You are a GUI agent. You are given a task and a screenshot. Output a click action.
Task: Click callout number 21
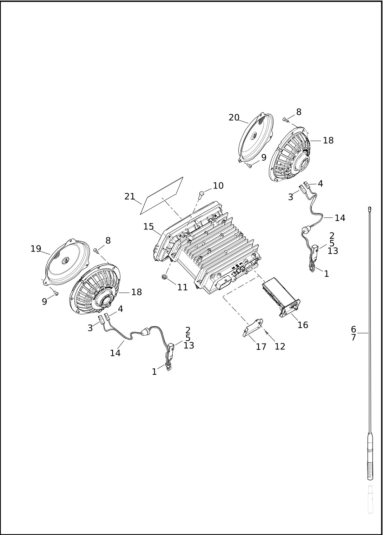click(x=130, y=196)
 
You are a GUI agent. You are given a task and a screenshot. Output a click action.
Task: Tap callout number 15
click(x=148, y=226)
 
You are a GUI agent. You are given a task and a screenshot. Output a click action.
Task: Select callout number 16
click(x=303, y=325)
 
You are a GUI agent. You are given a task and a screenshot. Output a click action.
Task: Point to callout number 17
click(x=261, y=347)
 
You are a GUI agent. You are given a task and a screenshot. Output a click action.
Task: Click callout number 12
click(x=280, y=346)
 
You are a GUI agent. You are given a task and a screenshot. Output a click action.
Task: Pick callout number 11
click(x=183, y=287)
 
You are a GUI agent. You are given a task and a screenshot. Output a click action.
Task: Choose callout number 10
click(x=218, y=186)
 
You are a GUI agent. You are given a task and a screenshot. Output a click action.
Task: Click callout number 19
click(x=36, y=249)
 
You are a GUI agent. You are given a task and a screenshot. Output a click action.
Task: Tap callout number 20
click(x=234, y=118)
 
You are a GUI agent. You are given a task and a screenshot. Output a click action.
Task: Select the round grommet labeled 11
click(x=164, y=277)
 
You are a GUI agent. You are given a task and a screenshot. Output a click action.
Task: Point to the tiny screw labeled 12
click(x=267, y=332)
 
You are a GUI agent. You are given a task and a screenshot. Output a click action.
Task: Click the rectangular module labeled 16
click(x=281, y=297)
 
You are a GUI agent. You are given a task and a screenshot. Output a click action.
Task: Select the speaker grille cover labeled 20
click(x=256, y=139)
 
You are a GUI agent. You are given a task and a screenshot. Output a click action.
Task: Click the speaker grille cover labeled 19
click(x=67, y=262)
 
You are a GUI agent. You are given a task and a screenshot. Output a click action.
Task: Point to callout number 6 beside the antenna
click(x=354, y=329)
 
